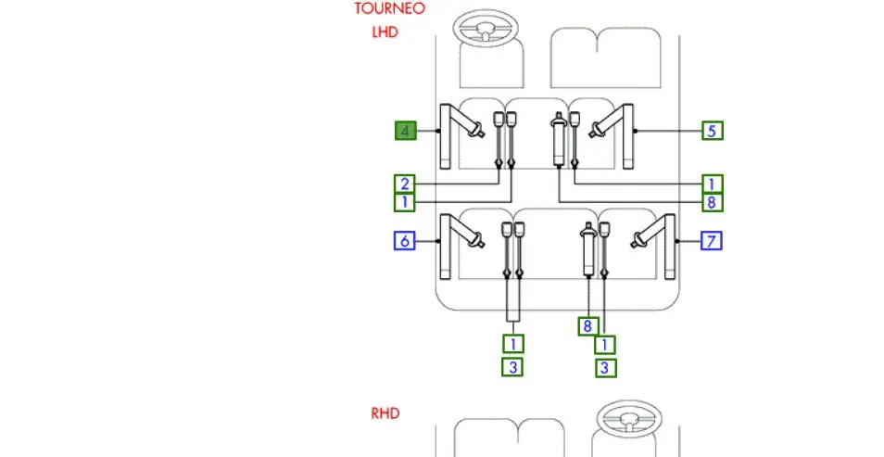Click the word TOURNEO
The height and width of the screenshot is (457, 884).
389,9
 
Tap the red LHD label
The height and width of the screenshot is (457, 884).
385,32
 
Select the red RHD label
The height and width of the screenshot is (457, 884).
385,413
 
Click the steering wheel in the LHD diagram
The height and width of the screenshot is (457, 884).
486,28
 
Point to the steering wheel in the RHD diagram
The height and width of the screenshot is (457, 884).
628,419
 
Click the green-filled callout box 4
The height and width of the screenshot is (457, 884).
405,131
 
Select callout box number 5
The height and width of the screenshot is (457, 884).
713,131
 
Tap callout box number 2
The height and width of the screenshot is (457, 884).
405,184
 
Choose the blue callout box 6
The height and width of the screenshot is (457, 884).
405,241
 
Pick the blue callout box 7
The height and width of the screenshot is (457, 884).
712,241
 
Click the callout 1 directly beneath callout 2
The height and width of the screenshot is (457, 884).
405,202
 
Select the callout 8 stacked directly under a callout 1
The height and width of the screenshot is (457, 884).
713,202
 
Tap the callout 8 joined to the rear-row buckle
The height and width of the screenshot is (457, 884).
588,326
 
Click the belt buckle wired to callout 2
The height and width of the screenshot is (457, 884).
499,140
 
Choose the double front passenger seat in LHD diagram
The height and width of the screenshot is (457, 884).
605,57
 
